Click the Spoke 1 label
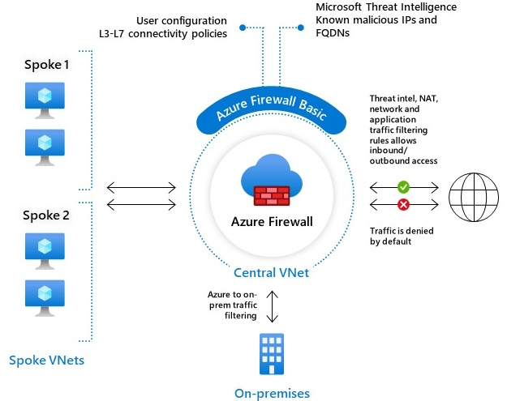coord(44,66)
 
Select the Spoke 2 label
coord(44,215)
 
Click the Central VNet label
coord(271,273)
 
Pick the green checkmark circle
coord(403,187)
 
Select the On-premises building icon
coord(272,353)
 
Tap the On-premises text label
coord(272,394)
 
